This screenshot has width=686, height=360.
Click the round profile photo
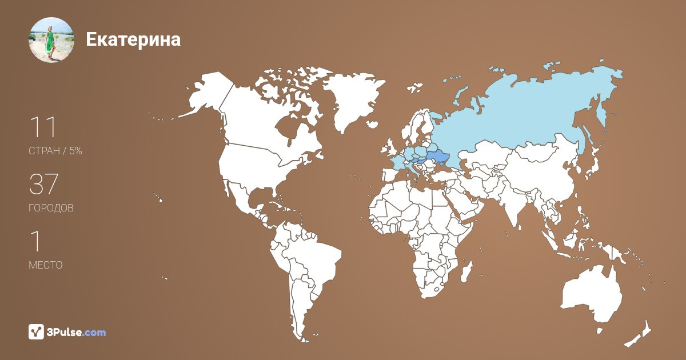point(51,39)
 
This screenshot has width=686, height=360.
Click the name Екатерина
point(133,39)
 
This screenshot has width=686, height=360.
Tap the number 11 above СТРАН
point(42,127)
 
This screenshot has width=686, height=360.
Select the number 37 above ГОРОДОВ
point(43,185)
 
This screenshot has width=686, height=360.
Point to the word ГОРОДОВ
point(51,208)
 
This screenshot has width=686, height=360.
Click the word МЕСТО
point(46,265)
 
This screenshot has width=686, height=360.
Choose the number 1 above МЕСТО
point(35,242)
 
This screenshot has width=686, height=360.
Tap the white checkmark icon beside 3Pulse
point(36,331)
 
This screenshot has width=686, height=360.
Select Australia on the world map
point(592,297)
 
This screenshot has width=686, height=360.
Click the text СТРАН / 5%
point(55,151)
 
